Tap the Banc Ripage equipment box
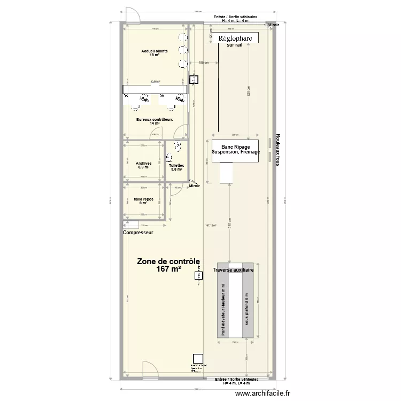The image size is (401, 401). click(x=235, y=148)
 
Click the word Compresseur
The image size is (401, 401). click(x=138, y=233)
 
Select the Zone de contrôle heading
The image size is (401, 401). click(x=168, y=261)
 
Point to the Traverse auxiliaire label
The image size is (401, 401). click(x=233, y=271)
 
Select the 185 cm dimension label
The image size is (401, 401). click(x=203, y=63)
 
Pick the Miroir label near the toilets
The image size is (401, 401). click(x=194, y=186)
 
